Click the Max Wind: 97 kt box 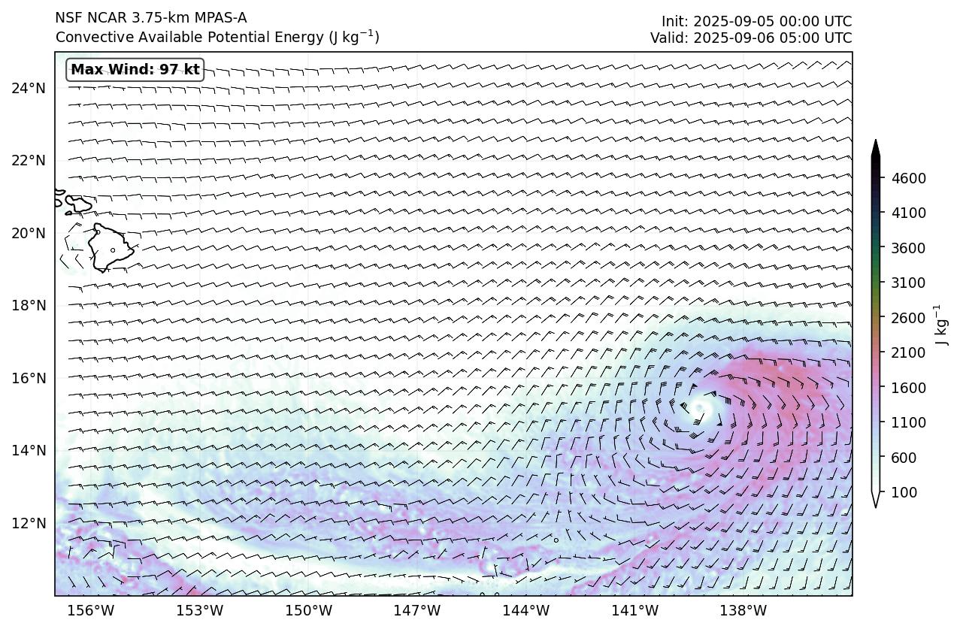pos(135,70)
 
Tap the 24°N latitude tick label pos(29,89)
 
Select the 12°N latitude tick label pos(29,523)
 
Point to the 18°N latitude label pos(29,306)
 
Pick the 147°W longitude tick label pos(417,610)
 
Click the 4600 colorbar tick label pos(908,178)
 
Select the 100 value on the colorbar pos(903,492)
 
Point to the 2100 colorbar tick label pos(908,352)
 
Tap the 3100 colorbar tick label pos(908,283)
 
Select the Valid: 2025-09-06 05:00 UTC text pos(751,38)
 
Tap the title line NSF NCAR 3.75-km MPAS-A pos(150,18)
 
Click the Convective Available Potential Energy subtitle pos(217,37)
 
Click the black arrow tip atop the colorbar pos(876,146)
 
